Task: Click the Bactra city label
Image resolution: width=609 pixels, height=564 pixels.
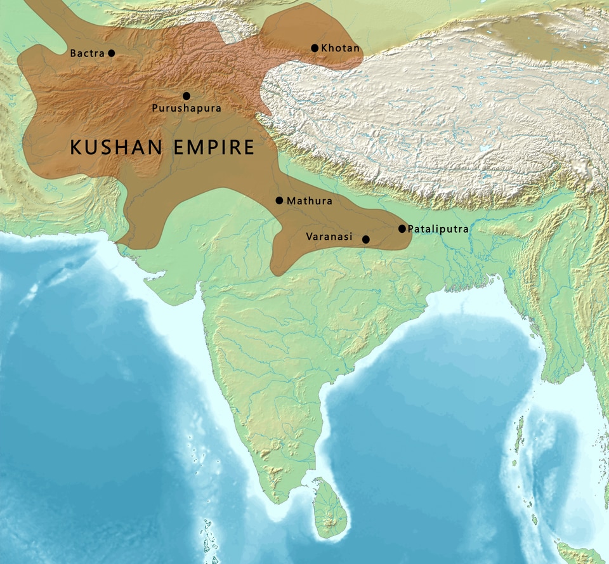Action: pyautogui.click(x=87, y=53)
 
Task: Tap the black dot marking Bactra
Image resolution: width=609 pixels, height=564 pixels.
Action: pyautogui.click(x=112, y=53)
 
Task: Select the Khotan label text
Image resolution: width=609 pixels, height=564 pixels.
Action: pyautogui.click(x=341, y=48)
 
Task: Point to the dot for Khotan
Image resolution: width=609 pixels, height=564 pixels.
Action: pyautogui.click(x=315, y=48)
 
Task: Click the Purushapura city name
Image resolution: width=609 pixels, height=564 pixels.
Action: pyautogui.click(x=187, y=108)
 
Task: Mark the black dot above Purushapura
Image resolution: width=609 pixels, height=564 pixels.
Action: pyautogui.click(x=187, y=96)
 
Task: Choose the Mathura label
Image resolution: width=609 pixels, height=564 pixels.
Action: pyautogui.click(x=310, y=201)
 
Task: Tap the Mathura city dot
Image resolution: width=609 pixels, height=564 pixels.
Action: pyautogui.click(x=279, y=200)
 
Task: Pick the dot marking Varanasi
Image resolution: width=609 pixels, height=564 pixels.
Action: pyautogui.click(x=366, y=239)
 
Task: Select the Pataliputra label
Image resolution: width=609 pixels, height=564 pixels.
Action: pyautogui.click(x=438, y=228)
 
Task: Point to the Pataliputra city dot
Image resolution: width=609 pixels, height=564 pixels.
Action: pyautogui.click(x=402, y=228)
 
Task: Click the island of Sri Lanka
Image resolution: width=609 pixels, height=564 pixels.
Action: pyautogui.click(x=328, y=509)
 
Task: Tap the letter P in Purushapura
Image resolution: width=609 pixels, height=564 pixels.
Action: pyautogui.click(x=155, y=108)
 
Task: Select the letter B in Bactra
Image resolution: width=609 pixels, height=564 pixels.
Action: pyautogui.click(x=73, y=53)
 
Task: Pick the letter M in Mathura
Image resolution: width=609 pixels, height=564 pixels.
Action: pyautogui.click(x=291, y=201)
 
